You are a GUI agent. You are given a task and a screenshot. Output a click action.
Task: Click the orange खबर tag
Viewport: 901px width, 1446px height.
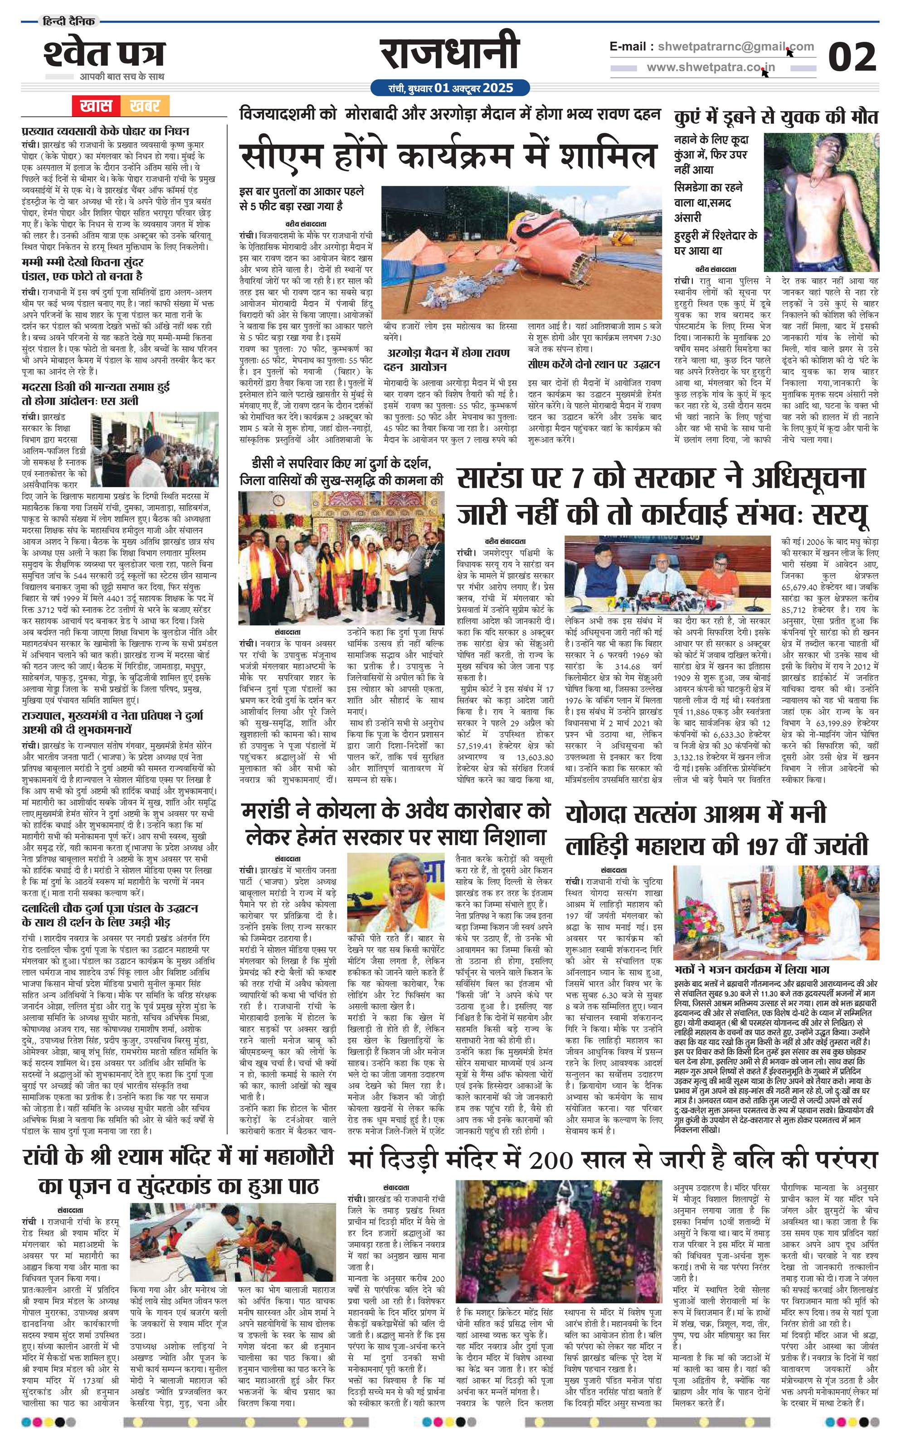point(144,106)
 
